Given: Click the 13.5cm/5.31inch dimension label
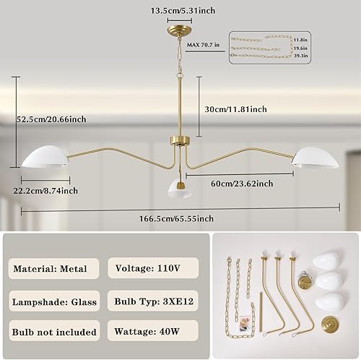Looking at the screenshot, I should point(178,11).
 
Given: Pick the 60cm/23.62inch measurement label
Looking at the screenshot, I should point(241,184).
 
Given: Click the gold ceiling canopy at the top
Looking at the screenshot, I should point(178,27).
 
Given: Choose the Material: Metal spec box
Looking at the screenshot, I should point(54,269).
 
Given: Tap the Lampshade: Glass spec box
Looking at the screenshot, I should point(54,301).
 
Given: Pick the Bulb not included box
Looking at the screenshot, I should point(54,333).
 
